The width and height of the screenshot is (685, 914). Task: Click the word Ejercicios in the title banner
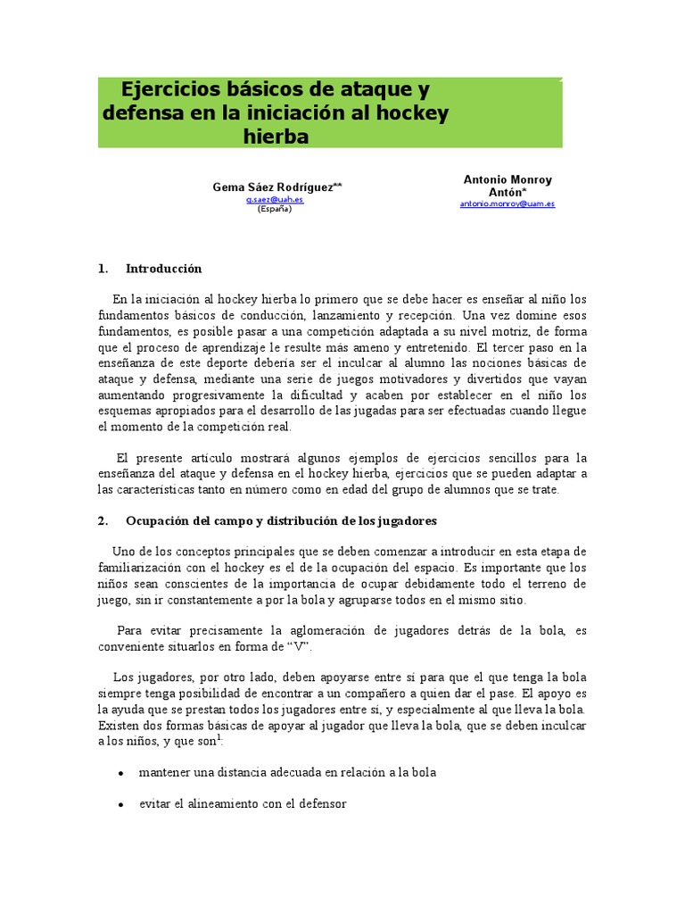coord(169,90)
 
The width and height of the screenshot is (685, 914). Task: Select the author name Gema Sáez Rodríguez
coord(273,187)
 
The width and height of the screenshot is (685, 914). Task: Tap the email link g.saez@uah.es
coord(275,200)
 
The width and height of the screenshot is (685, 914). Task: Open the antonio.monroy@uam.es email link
coord(508,204)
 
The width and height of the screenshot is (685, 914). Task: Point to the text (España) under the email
coord(275,210)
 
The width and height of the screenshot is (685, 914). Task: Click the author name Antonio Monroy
coord(508,179)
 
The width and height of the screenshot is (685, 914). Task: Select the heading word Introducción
coord(164,269)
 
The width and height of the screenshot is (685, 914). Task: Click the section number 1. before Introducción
coord(103,269)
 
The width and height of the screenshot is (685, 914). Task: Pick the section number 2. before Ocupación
coord(103,520)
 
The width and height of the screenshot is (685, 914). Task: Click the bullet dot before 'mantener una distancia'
coord(120,773)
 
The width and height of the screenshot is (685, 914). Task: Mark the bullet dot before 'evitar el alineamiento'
coord(120,805)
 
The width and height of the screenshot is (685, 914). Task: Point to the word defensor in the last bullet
coord(320,804)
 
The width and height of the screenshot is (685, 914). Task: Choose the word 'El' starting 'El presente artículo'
coord(124,458)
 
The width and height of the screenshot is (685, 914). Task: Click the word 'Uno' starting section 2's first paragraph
coord(124,551)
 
